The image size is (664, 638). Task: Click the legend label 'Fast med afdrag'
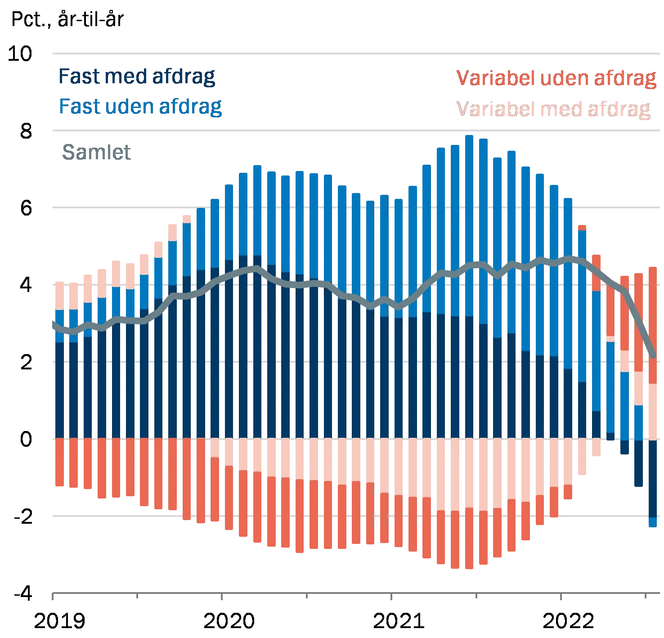coord(137,77)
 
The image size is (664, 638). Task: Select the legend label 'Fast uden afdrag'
coord(140,107)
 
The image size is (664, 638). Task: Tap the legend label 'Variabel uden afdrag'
coord(556,78)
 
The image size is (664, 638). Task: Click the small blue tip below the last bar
coord(653,522)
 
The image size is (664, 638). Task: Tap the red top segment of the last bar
coord(653,324)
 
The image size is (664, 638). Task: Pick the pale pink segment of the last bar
coord(653,411)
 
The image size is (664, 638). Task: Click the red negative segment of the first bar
coord(59,463)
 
